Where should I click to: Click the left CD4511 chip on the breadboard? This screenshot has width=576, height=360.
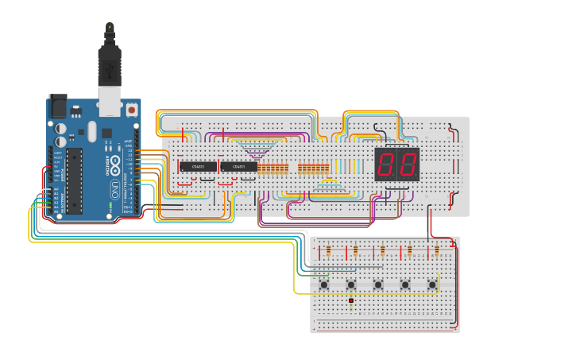click(198, 166)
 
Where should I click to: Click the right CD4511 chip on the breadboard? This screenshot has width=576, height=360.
click(238, 166)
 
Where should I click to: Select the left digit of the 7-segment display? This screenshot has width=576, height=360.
click(386, 165)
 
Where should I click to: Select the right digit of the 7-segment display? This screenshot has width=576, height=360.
click(408, 165)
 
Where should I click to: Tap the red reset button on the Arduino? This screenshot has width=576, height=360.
click(131, 110)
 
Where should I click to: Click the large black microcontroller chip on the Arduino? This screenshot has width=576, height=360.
click(74, 180)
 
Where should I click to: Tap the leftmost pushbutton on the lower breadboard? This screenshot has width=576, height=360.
click(324, 284)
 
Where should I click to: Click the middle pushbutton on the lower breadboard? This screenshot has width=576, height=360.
click(378, 284)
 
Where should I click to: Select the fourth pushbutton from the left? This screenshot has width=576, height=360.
click(405, 284)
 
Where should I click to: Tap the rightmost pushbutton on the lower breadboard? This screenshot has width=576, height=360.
click(432, 284)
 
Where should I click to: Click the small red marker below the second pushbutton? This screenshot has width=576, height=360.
click(350, 300)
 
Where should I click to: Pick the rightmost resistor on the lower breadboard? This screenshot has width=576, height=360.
click(437, 252)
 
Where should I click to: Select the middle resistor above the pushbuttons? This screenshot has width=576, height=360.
click(383, 252)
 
